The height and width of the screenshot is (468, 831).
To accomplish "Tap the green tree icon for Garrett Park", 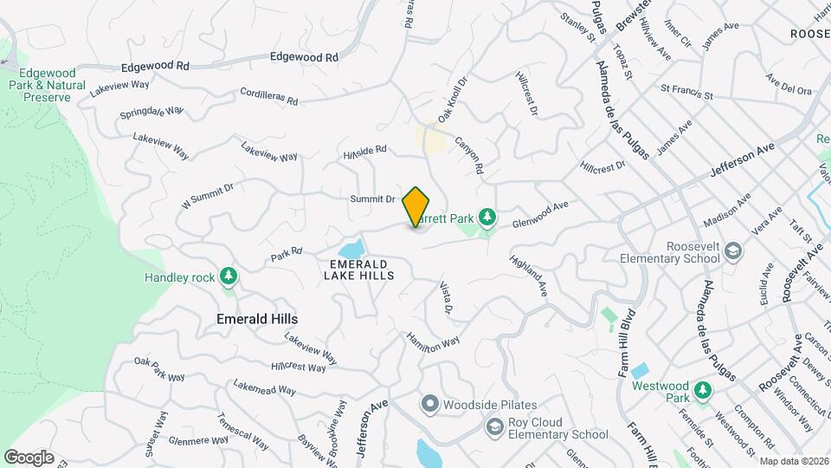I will (x=486, y=216).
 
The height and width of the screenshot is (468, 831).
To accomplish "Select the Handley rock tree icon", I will (x=229, y=277).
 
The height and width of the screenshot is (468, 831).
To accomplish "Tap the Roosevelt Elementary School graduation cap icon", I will (x=733, y=251).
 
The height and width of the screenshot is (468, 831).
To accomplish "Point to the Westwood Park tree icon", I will (x=702, y=393).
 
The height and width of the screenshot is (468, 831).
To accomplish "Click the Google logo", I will (x=28, y=458).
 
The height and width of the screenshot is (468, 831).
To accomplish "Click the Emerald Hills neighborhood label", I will (x=256, y=319).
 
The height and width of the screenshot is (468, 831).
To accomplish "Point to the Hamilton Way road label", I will (x=434, y=340).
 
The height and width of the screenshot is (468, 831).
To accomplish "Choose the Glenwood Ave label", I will (x=540, y=213).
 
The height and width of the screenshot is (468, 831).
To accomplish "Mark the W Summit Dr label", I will (x=208, y=196).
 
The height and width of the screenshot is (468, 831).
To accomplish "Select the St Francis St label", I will (x=686, y=91).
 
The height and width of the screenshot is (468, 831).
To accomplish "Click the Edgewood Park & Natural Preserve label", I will (x=48, y=85).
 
